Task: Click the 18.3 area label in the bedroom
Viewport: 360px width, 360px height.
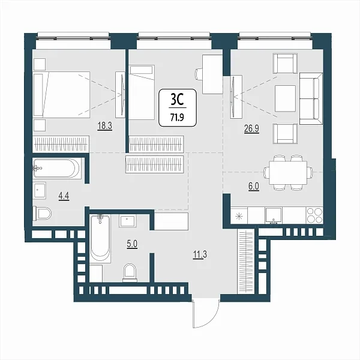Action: [x=105, y=126]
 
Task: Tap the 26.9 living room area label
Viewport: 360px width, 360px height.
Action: [x=251, y=129]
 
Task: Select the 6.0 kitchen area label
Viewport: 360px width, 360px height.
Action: [x=253, y=187]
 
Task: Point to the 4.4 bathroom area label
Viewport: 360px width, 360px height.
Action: [x=64, y=196]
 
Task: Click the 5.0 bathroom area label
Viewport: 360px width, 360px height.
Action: [x=132, y=244]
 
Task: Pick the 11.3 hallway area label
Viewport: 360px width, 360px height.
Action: [x=200, y=254]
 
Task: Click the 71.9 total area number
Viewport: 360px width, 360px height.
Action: [x=177, y=118]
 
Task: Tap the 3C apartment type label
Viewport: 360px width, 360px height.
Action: [x=178, y=100]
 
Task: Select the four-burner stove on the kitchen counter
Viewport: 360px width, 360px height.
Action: [x=314, y=215]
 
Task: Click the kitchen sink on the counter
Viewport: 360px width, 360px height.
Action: [x=274, y=215]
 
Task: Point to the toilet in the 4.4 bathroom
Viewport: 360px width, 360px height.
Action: [x=42, y=213]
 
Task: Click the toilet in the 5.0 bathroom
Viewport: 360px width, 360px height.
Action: [x=130, y=272]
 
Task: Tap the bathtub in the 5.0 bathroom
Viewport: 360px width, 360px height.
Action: [x=100, y=239]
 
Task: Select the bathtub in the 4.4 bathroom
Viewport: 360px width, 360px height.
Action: [x=57, y=168]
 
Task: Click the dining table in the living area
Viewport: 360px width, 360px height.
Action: [x=288, y=172]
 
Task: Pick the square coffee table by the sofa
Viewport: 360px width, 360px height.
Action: [x=286, y=98]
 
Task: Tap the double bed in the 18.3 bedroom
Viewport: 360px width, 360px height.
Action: [x=61, y=95]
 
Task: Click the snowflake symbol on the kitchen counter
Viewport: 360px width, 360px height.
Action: [x=239, y=216]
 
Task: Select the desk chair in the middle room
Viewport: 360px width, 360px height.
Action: [x=198, y=74]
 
